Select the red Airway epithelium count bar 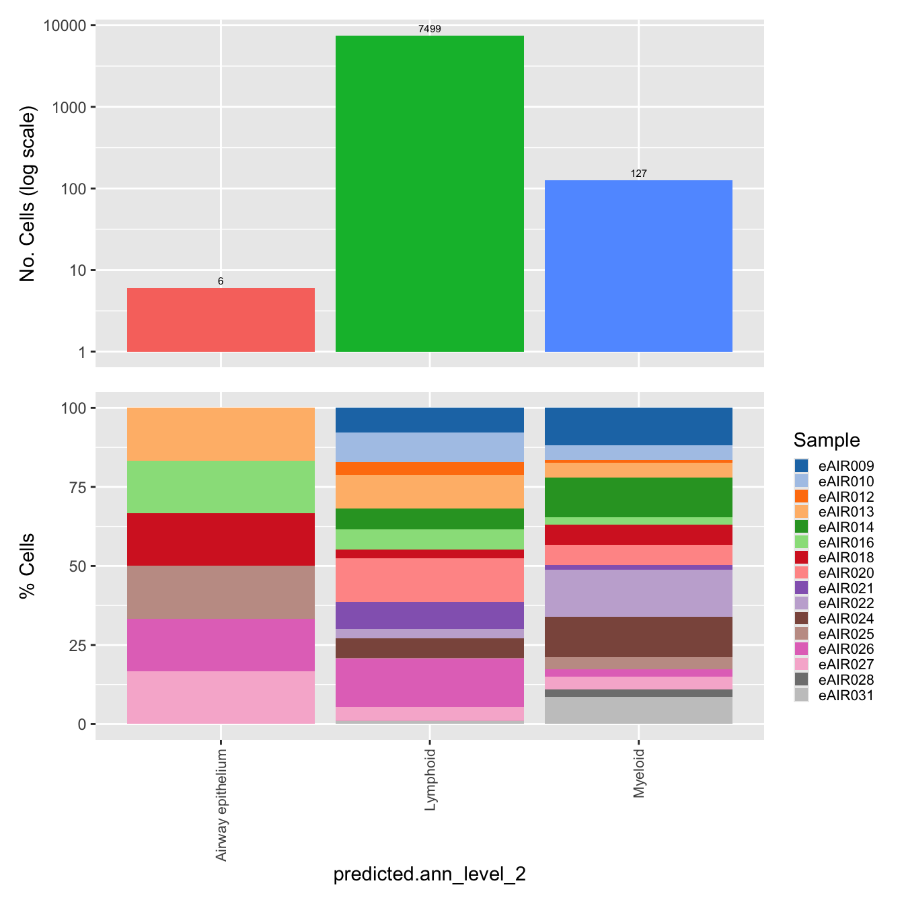click(221, 319)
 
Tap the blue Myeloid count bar click(638, 266)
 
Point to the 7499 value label click(429, 29)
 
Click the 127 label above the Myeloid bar click(638, 174)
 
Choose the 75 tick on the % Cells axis click(77, 487)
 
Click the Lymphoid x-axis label click(430, 780)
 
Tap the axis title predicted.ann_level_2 click(429, 874)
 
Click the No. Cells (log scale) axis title click(27, 194)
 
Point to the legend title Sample click(826, 440)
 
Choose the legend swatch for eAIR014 click(801, 527)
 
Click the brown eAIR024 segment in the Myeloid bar click(638, 636)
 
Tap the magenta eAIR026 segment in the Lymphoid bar click(429, 682)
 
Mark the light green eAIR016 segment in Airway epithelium click(221, 487)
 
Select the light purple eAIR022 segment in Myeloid click(638, 593)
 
